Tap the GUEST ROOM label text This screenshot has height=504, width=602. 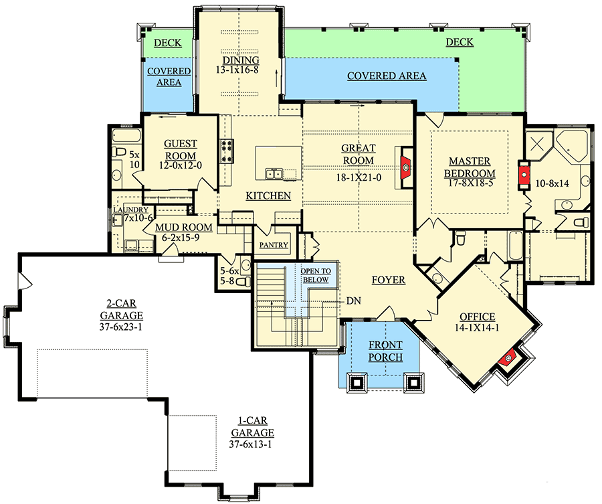(x=181, y=149)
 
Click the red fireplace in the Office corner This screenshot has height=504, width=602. (x=508, y=359)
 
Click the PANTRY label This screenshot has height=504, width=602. (x=274, y=245)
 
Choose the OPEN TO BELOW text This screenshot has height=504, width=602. (x=315, y=275)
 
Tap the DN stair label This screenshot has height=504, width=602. (x=355, y=301)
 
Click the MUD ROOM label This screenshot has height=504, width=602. (x=183, y=228)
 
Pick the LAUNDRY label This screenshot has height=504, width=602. (x=126, y=209)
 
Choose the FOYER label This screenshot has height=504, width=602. (x=389, y=280)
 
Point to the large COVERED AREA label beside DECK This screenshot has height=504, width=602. (x=386, y=76)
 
